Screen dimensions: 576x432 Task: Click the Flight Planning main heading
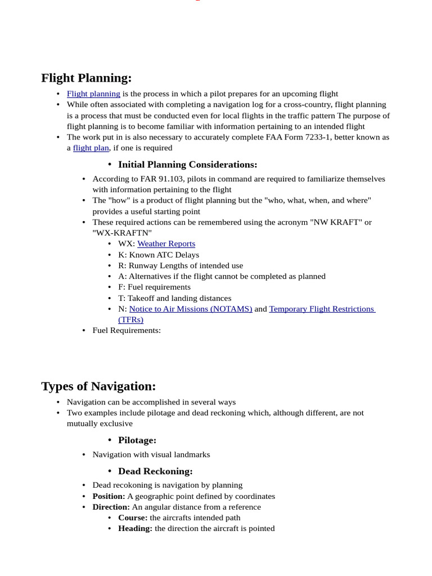[86, 78]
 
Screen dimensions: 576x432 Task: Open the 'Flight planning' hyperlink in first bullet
[93, 94]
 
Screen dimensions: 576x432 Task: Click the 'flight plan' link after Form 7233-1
[91, 148]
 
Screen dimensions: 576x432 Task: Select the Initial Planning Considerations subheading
[187, 165]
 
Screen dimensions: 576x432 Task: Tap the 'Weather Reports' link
[166, 244]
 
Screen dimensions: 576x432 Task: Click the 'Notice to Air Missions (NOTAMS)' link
[191, 309]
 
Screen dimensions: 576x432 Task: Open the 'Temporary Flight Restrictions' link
[322, 309]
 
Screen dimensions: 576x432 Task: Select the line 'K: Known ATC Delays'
[159, 255]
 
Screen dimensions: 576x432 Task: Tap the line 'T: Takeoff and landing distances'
[174, 298]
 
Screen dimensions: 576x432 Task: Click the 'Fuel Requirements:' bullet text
[127, 330]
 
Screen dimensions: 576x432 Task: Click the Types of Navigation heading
[98, 386]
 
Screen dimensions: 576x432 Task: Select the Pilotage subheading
[137, 440]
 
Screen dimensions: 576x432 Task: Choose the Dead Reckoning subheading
[155, 471]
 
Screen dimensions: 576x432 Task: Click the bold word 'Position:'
[109, 496]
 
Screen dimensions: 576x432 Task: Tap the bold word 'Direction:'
[111, 507]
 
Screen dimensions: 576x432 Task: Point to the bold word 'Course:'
[133, 517]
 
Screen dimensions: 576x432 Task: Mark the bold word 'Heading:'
[135, 528]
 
